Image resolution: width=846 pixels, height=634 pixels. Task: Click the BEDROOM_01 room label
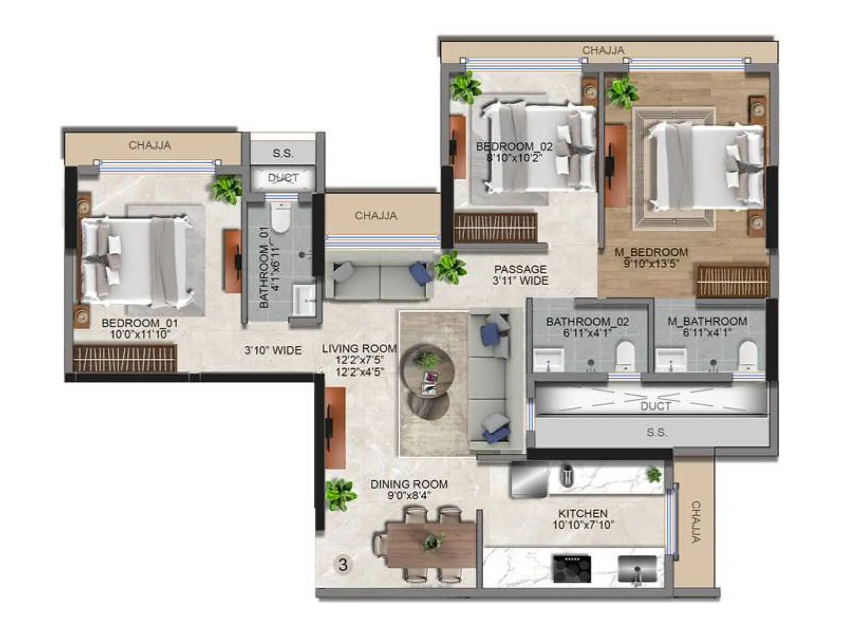click(140, 323)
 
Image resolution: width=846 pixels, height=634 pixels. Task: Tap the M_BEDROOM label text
click(651, 252)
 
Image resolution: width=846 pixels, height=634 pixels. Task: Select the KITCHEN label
click(583, 513)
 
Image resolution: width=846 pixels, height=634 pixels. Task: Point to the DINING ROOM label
click(409, 484)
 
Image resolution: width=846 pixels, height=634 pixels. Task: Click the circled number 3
click(343, 565)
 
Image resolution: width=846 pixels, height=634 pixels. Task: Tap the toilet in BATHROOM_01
click(281, 219)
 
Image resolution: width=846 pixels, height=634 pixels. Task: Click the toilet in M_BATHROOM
click(748, 355)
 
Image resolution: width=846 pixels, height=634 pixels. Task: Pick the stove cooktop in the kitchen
click(572, 568)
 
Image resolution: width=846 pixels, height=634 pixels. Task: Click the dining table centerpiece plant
click(433, 542)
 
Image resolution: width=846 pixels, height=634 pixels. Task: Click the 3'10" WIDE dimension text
click(273, 350)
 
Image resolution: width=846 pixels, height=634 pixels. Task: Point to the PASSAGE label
click(520, 269)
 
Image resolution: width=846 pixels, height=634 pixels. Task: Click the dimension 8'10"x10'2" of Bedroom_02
click(513, 157)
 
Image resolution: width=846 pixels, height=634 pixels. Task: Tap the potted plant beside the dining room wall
click(339, 495)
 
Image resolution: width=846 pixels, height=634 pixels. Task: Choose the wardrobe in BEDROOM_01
click(125, 359)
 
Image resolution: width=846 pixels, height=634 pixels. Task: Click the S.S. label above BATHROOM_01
click(283, 153)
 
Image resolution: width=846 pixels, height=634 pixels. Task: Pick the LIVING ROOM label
click(359, 349)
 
